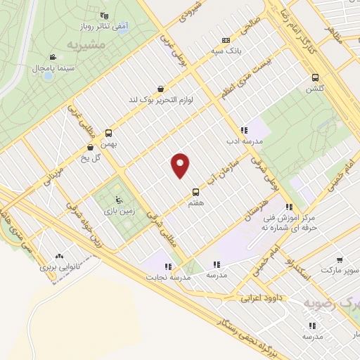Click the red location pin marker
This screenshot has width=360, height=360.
pyautogui.click(x=181, y=165)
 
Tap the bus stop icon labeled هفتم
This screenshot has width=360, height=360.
pyautogui.click(x=196, y=192)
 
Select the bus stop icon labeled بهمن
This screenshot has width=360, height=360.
pyautogui.click(x=108, y=132)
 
